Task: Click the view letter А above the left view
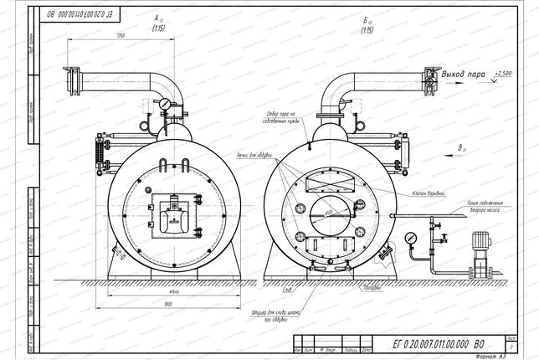tap(157, 17)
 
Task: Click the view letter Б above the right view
tap(366, 17)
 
